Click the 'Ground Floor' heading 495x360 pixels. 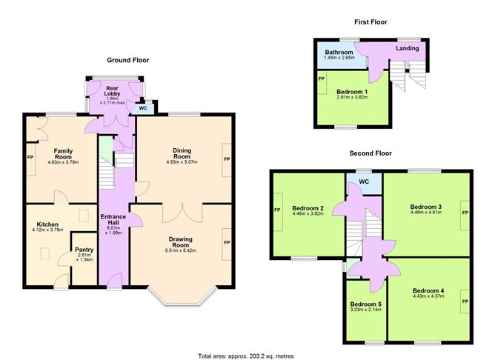click(x=130, y=60)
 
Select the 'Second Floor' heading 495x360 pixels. click(x=371, y=153)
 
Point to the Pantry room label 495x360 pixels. click(x=85, y=250)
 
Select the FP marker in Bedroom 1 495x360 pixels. click(x=322, y=79)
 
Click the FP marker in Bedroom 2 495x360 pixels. click(x=277, y=210)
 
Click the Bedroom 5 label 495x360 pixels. click(x=365, y=304)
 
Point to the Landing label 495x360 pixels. click(x=408, y=49)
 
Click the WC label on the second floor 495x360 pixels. click(x=364, y=181)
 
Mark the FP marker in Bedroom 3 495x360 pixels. click(x=465, y=213)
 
